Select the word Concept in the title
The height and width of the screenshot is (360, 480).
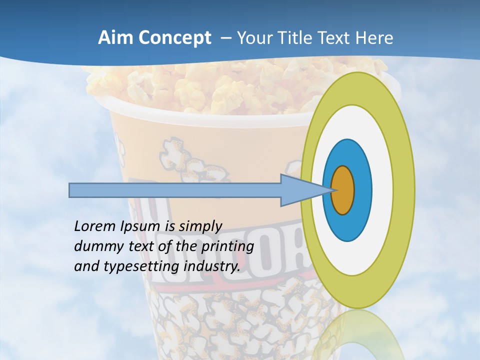pyautogui.click(x=174, y=38)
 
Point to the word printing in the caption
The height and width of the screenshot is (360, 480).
pyautogui.click(x=227, y=246)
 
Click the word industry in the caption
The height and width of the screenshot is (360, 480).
pyautogui.click(x=212, y=266)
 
